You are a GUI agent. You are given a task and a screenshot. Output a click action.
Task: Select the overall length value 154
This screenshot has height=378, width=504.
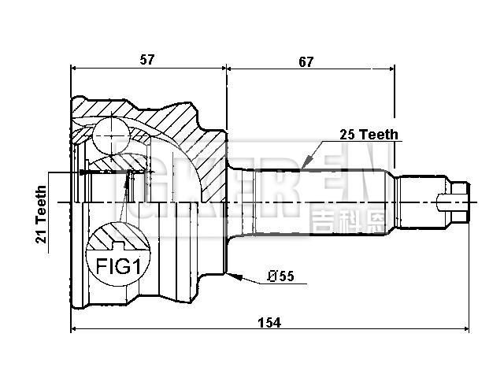tap(269, 322)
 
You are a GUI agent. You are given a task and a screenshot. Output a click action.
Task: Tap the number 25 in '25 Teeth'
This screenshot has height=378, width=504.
tap(346, 135)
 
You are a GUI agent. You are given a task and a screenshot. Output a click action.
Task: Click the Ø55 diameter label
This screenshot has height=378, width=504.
tap(280, 276)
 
